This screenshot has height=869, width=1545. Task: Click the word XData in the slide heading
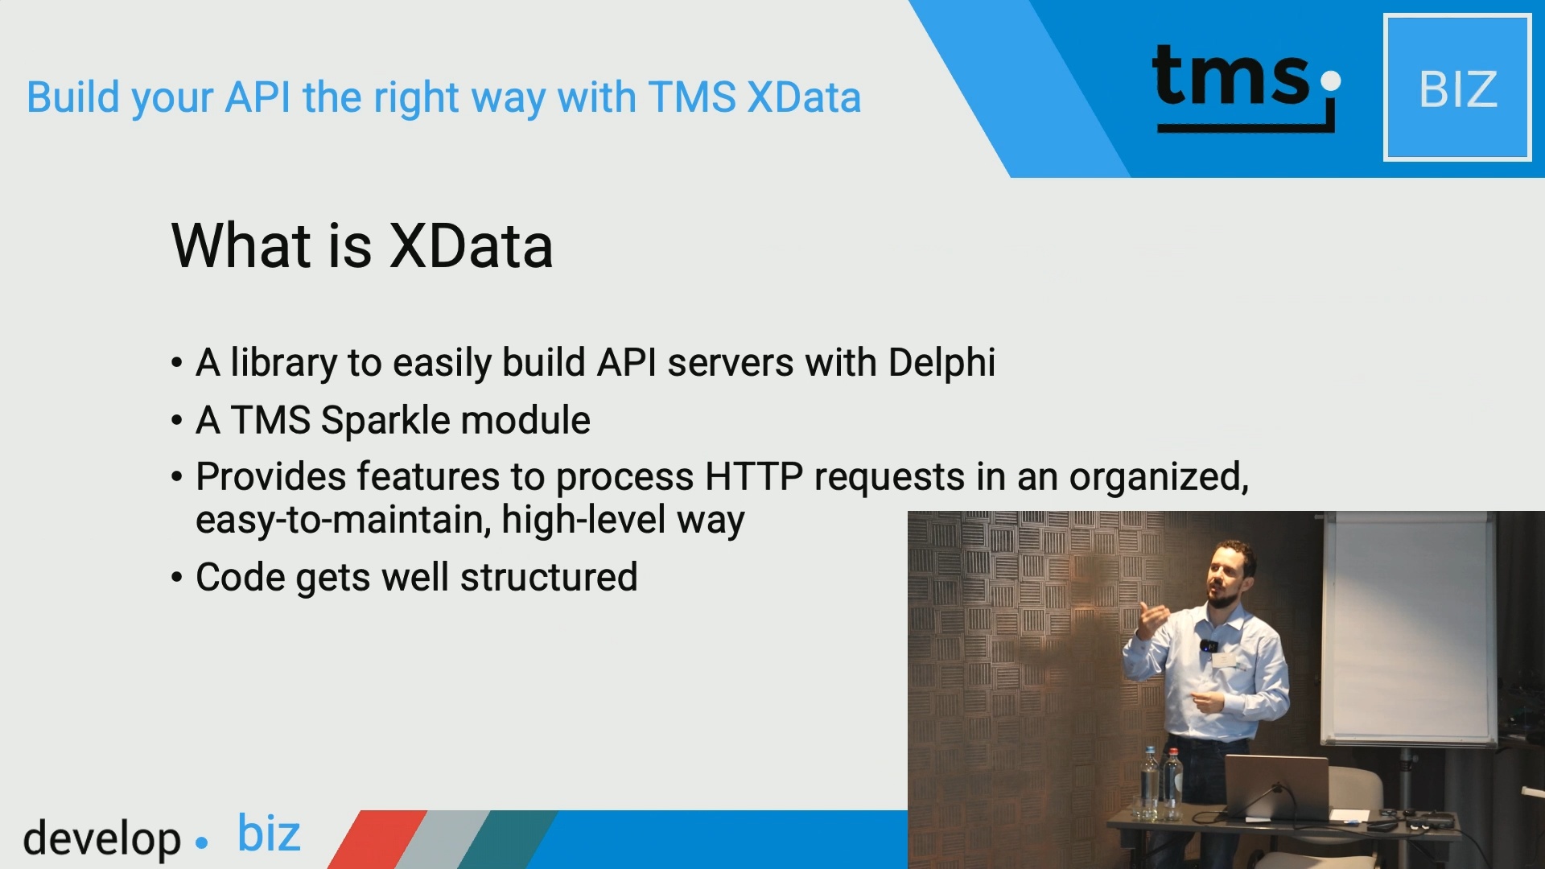[472, 246]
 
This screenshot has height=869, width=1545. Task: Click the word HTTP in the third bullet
[754, 476]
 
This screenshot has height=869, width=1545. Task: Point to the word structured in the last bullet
[549, 578]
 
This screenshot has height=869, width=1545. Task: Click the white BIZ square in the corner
[1457, 88]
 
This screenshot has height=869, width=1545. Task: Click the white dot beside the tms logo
[1331, 80]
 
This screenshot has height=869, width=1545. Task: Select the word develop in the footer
[102, 839]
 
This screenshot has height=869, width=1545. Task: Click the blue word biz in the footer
[269, 833]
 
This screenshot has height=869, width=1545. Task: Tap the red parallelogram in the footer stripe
[377, 839]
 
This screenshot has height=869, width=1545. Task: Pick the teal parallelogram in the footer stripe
[507, 839]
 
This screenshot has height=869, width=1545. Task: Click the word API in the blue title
[257, 97]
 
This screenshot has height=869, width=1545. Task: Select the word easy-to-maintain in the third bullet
[344, 520]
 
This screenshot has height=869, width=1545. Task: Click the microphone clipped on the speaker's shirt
[1209, 645]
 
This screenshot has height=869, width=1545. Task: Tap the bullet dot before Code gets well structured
[177, 578]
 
